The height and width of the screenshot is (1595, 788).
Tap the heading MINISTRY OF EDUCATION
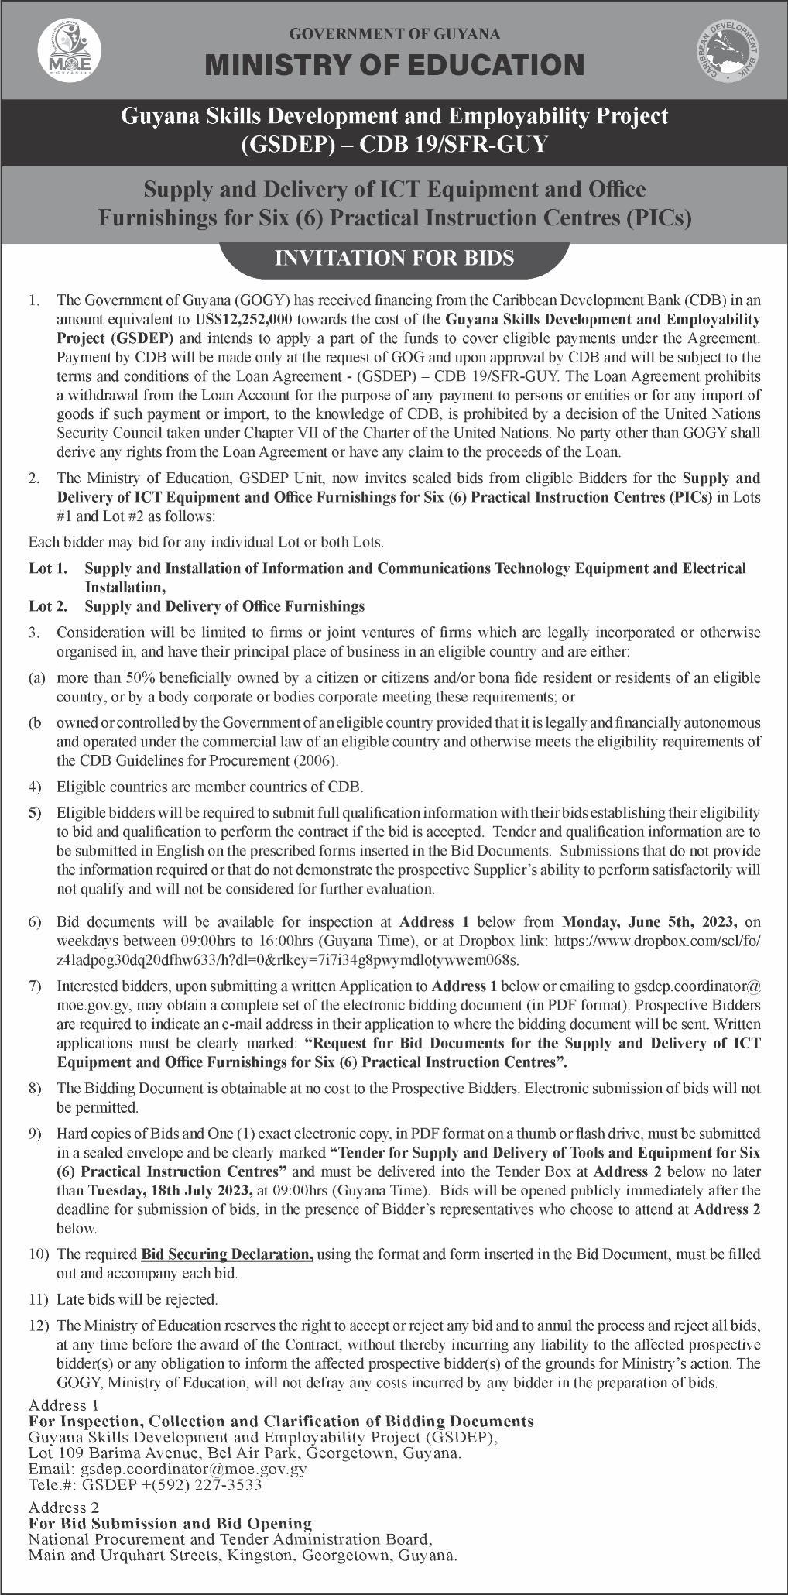[394, 65]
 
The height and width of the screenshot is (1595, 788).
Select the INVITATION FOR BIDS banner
[394, 258]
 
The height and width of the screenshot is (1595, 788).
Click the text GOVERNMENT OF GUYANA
[394, 33]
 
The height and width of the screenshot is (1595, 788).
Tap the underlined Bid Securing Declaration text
[228, 1253]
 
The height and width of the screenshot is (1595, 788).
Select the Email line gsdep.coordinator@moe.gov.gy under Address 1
[167, 1468]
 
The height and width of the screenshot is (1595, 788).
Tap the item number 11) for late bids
[39, 1298]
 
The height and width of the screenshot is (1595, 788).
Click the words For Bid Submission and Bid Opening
[170, 1523]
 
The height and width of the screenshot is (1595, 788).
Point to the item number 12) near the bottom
[39, 1325]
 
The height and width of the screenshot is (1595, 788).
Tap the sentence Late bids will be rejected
[137, 1298]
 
